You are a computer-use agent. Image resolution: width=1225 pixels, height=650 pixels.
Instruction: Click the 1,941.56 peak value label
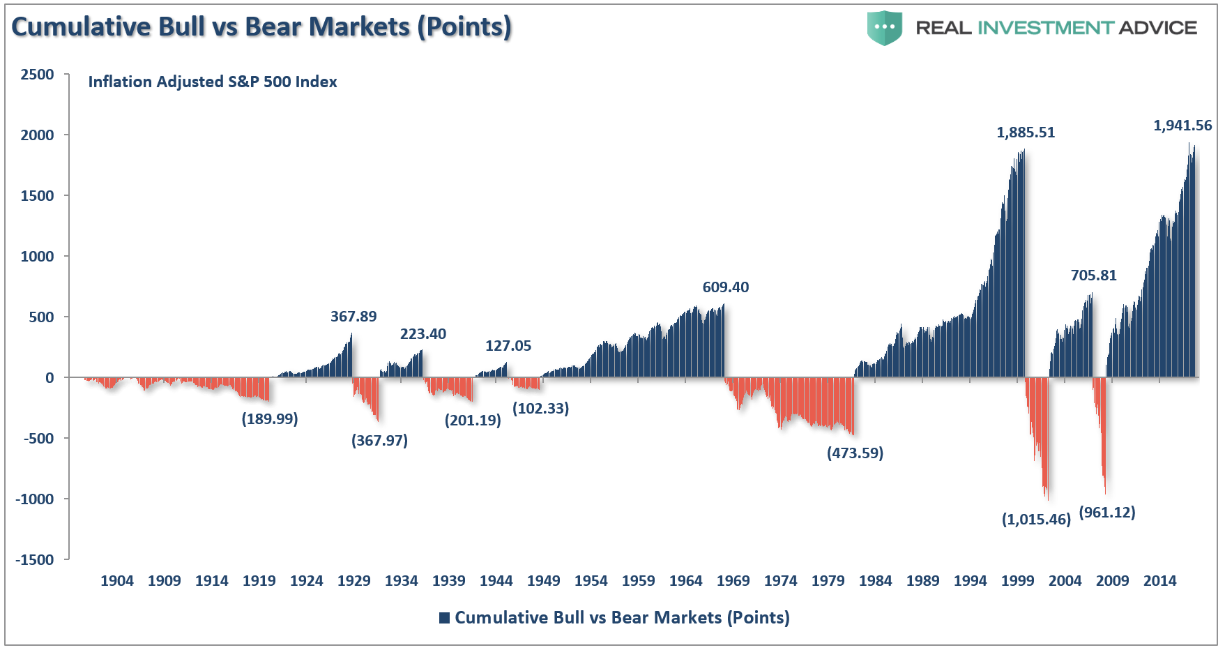(x=1182, y=126)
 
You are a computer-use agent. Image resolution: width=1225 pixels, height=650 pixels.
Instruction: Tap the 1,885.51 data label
(x=1026, y=133)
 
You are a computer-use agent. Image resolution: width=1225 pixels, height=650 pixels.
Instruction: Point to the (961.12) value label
(x=1107, y=513)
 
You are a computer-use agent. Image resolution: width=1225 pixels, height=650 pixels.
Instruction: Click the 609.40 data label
(x=726, y=287)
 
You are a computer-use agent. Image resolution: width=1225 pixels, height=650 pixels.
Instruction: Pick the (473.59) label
(x=855, y=453)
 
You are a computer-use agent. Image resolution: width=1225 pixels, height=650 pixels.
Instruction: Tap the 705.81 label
(x=1094, y=275)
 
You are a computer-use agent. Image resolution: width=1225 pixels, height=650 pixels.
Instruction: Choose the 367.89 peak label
(x=353, y=317)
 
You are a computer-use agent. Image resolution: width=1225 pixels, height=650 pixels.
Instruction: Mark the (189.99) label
(x=270, y=419)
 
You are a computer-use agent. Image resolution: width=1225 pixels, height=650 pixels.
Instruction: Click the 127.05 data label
(x=508, y=346)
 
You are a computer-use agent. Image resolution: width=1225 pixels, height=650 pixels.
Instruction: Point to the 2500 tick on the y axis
(x=37, y=75)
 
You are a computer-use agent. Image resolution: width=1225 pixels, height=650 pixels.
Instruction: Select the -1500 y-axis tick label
(x=35, y=560)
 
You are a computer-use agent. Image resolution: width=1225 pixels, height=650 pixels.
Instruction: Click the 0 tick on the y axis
(x=50, y=378)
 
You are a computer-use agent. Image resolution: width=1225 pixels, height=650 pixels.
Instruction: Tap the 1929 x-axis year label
(x=354, y=581)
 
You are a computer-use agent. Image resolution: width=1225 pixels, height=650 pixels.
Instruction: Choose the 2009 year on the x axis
(x=1113, y=581)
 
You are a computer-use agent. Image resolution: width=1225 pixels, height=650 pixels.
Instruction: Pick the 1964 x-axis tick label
(x=686, y=581)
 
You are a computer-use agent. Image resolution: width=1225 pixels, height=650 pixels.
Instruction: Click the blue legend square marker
(x=444, y=618)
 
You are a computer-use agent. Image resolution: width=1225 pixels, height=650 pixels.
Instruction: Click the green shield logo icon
(x=885, y=28)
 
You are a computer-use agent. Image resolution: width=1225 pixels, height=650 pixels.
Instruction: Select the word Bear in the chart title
(x=274, y=27)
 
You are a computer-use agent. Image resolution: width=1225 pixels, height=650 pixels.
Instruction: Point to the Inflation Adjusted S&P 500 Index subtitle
(x=213, y=82)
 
